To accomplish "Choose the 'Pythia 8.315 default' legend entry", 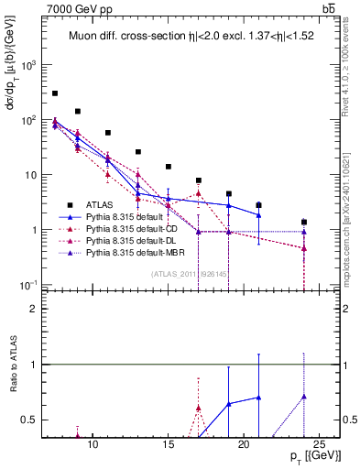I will (x=125, y=216).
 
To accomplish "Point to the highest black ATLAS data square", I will (x=55, y=93).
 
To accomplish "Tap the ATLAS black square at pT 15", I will (x=169, y=167).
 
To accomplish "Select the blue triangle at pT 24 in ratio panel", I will (x=304, y=397).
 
